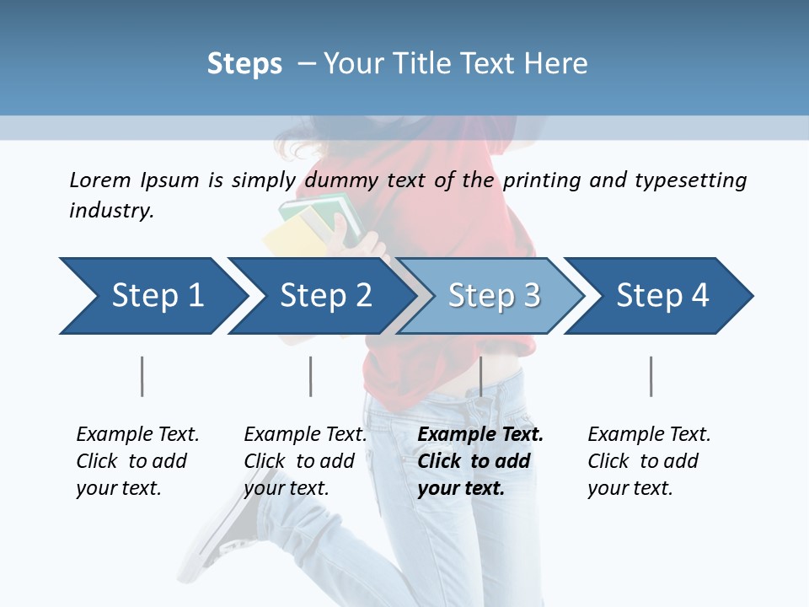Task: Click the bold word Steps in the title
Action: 244,64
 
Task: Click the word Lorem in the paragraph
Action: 100,180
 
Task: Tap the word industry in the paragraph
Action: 110,211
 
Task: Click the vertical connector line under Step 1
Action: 142,376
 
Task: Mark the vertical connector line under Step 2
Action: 310,376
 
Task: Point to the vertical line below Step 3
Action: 480,376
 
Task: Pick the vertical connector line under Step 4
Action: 651,376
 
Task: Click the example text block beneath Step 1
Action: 137,461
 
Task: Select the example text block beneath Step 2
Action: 305,461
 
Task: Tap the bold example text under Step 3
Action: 480,461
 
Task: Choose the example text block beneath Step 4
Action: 649,461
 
